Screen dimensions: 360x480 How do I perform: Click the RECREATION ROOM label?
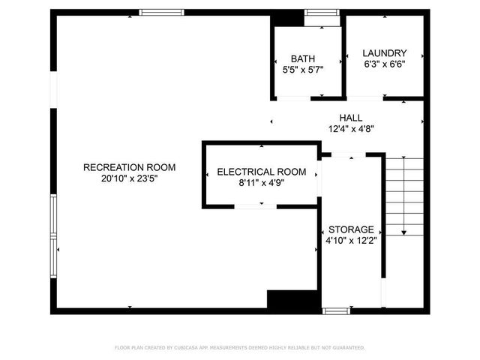pos(129,166)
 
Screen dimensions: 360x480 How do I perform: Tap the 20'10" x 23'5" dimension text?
pos(129,178)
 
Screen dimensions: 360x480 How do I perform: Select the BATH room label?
pos(303,58)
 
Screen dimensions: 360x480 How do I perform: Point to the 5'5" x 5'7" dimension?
pos(303,70)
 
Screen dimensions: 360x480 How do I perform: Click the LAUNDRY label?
pos(384,53)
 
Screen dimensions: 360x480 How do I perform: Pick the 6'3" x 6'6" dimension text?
pos(384,64)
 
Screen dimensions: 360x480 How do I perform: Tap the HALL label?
pos(350,118)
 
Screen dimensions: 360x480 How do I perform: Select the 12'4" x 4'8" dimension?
pos(350,129)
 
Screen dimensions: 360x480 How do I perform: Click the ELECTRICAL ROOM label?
pos(261,172)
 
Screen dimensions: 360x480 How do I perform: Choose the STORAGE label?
pos(350,229)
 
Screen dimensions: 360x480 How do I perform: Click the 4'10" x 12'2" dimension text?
pos(350,241)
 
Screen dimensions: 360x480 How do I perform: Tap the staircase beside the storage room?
pos(405,195)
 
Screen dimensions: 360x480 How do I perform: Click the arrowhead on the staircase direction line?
pos(405,232)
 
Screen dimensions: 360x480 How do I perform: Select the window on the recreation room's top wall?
pos(162,12)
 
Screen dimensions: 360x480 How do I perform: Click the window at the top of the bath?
pos(321,13)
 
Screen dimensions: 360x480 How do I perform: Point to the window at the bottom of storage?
pos(335,310)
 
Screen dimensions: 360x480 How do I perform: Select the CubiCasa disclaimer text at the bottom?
pos(240,348)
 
